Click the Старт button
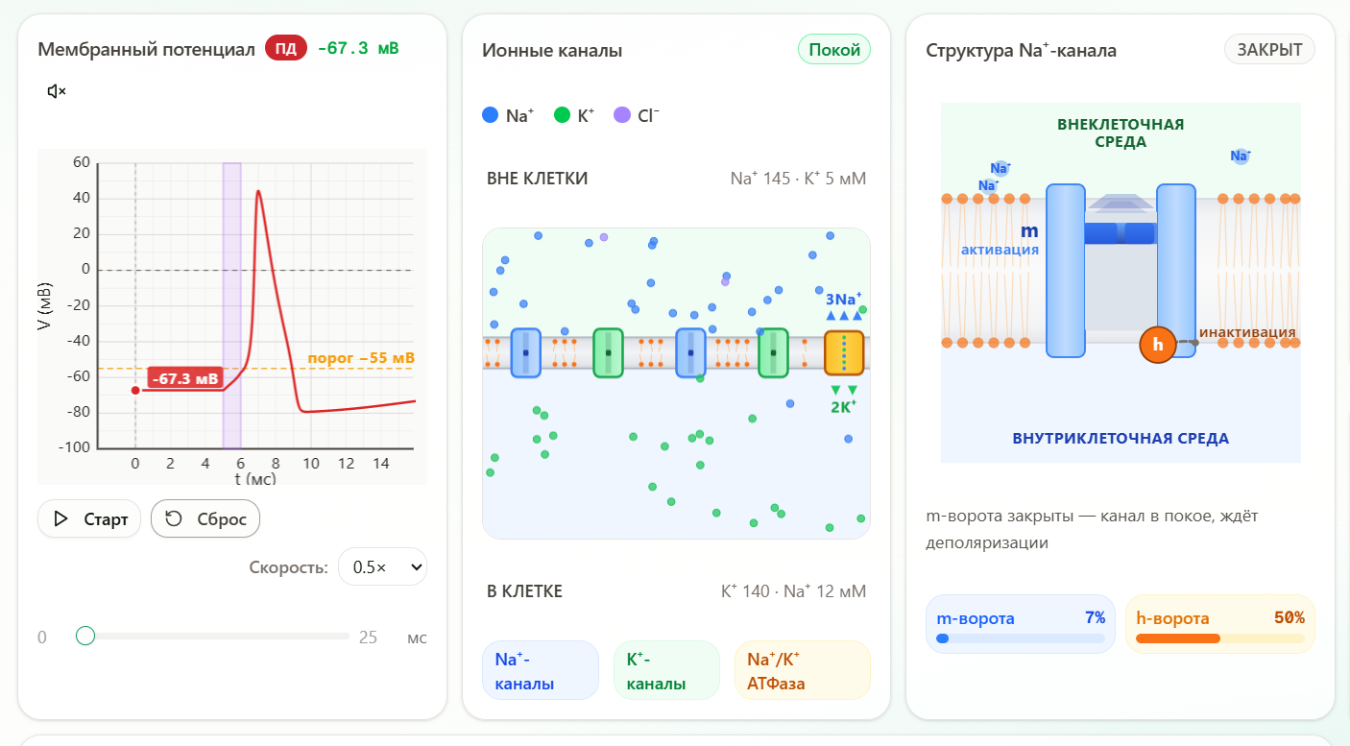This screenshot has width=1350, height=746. pyautogui.click(x=89, y=518)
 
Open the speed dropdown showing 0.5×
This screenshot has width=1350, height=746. pyautogui.click(x=383, y=566)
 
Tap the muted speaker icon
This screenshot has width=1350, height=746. pyautogui.click(x=56, y=91)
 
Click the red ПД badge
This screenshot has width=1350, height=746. pyautogui.click(x=286, y=48)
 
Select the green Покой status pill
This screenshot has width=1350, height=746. pyautogui.click(x=834, y=49)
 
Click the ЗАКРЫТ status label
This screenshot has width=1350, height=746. pyautogui.click(x=1269, y=49)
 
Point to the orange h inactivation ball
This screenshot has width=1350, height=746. pyautogui.click(x=1157, y=344)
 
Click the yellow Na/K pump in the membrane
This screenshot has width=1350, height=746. pyautogui.click(x=844, y=352)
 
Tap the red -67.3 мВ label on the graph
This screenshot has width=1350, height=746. pyautogui.click(x=185, y=378)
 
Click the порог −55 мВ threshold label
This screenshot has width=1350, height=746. pyautogui.click(x=361, y=358)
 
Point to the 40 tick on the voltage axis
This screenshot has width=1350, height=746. pyautogui.click(x=82, y=198)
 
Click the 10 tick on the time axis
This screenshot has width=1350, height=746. pyautogui.click(x=311, y=464)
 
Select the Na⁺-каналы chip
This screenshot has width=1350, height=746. pyautogui.click(x=540, y=671)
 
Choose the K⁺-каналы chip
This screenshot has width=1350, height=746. pyautogui.click(x=666, y=671)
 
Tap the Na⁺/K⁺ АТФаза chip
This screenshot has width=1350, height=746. pyautogui.click(x=802, y=671)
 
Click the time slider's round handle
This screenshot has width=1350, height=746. pyautogui.click(x=85, y=636)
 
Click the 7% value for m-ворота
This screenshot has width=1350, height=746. pyautogui.click(x=1095, y=617)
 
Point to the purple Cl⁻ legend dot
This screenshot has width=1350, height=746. pyautogui.click(x=622, y=114)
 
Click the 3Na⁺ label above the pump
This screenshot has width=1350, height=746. pyautogui.click(x=843, y=299)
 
